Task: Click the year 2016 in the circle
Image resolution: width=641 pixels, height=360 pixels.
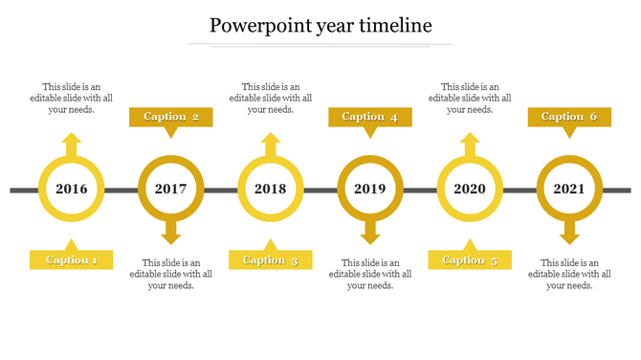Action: [x=71, y=189]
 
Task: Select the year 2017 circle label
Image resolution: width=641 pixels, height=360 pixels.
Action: [x=171, y=189]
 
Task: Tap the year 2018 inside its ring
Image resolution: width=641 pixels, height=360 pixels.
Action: [x=271, y=189]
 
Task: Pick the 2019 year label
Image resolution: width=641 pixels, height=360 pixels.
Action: [x=370, y=189]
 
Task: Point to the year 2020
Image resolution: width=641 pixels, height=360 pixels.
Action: [x=470, y=189]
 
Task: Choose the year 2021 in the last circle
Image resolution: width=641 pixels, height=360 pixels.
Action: [x=569, y=189]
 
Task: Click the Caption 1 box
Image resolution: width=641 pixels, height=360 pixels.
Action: [x=72, y=259]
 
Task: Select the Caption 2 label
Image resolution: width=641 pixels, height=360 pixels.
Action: [x=171, y=117]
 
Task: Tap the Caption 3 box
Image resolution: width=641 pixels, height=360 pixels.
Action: [x=271, y=259]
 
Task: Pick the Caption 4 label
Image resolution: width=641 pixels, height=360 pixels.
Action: [x=370, y=117]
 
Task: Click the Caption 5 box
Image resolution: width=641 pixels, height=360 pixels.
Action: [x=470, y=259]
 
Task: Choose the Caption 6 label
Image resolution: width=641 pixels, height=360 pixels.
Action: [x=569, y=117]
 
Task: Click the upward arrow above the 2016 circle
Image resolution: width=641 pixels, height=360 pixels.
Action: [x=71, y=145]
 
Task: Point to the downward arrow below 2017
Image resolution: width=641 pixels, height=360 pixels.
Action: [x=171, y=232]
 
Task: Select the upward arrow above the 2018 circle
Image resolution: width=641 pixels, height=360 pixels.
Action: [x=271, y=145]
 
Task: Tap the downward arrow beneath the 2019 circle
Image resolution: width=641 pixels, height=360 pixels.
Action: [x=370, y=232]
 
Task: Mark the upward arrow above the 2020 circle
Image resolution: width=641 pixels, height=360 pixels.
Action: [x=470, y=145]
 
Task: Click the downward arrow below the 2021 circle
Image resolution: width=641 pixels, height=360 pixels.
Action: [x=569, y=232]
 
